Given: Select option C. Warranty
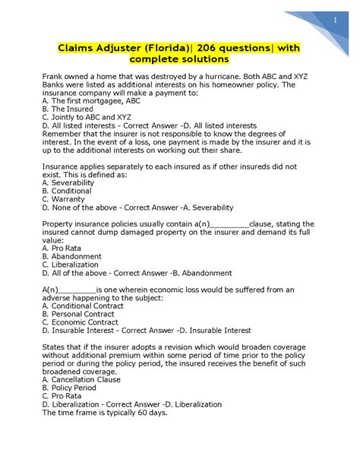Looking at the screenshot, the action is click(x=65, y=199).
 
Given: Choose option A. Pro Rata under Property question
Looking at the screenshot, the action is click(x=65, y=249).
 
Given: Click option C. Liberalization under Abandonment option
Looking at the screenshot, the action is click(x=74, y=265).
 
